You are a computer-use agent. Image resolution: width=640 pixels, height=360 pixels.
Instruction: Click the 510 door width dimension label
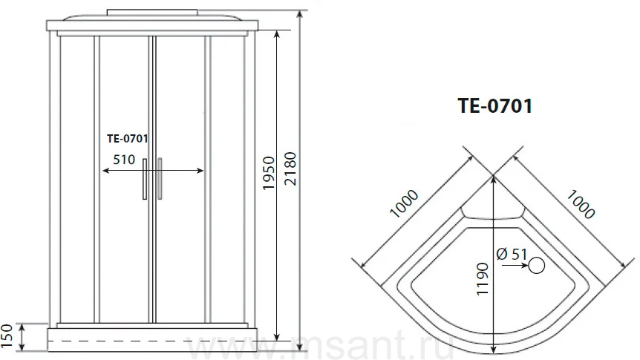point(124,159)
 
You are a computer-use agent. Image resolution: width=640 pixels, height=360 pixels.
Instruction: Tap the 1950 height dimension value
point(269,173)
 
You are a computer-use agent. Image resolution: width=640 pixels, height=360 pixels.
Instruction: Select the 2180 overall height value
point(290,168)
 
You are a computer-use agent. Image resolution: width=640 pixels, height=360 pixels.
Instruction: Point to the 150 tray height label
point(7,337)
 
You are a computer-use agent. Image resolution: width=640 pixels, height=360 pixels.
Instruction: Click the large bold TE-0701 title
point(495,105)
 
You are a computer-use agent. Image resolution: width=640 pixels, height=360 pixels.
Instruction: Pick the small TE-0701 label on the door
point(128,139)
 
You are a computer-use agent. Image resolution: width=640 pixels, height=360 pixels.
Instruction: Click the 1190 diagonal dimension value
point(482,279)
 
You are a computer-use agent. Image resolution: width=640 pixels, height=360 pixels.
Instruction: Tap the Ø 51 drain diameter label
point(512,255)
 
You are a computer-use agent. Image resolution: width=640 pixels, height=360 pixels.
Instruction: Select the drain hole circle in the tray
point(536,266)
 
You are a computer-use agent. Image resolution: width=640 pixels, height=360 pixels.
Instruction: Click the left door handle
point(145,179)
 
